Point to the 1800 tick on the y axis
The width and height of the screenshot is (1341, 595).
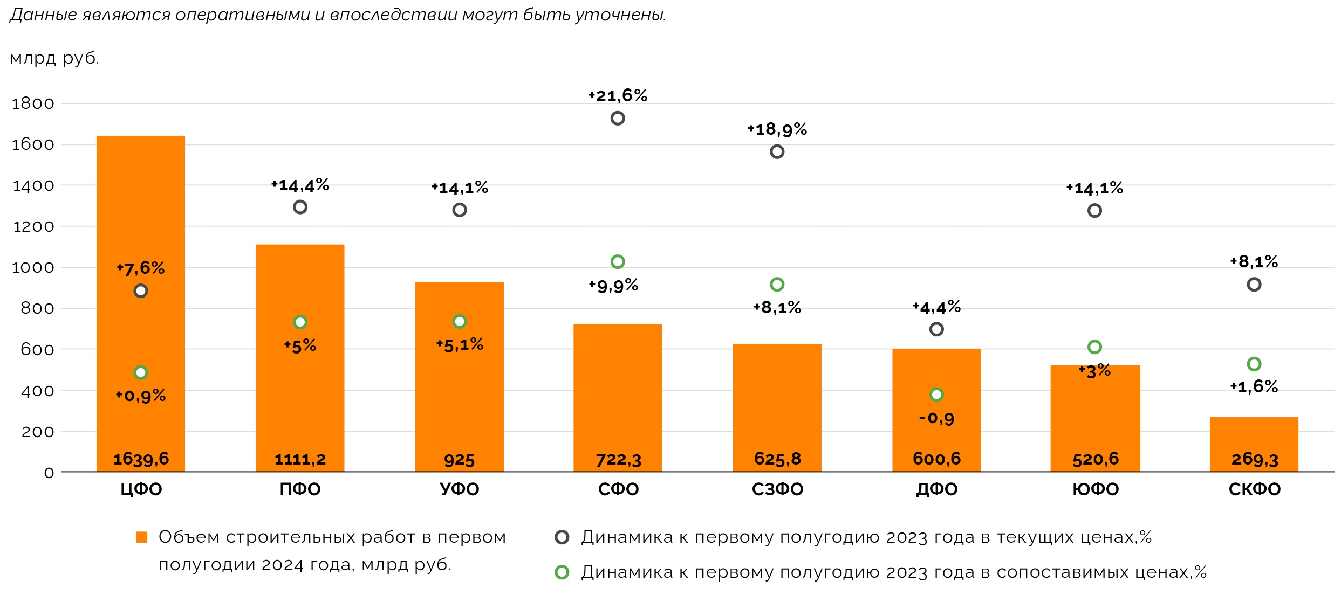pyautogui.click(x=33, y=103)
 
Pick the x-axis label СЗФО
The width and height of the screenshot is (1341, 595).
pyautogui.click(x=777, y=489)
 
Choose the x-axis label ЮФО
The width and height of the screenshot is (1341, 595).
pyautogui.click(x=1095, y=489)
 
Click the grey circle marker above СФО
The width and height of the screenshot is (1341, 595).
pyautogui.click(x=618, y=119)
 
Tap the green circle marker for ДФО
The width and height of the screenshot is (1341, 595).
pyautogui.click(x=936, y=395)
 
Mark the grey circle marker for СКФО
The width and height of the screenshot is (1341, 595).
pyautogui.click(x=1254, y=285)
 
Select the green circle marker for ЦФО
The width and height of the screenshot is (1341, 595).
pyautogui.click(x=141, y=372)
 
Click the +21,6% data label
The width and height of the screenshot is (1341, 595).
pyautogui.click(x=618, y=96)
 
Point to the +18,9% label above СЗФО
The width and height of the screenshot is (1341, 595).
pyautogui.click(x=777, y=129)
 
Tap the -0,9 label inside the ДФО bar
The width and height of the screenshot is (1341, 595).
pyautogui.click(x=936, y=418)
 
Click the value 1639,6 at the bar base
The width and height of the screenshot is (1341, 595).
pyautogui.click(x=141, y=459)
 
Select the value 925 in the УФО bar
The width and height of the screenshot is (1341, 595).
pyautogui.click(x=459, y=460)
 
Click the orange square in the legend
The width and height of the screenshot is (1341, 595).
pyautogui.click(x=142, y=537)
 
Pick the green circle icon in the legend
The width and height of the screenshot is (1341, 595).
pyautogui.click(x=562, y=572)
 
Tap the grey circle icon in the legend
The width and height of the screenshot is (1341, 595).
pyautogui.click(x=562, y=537)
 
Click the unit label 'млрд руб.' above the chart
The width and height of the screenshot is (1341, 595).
pyautogui.click(x=54, y=58)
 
